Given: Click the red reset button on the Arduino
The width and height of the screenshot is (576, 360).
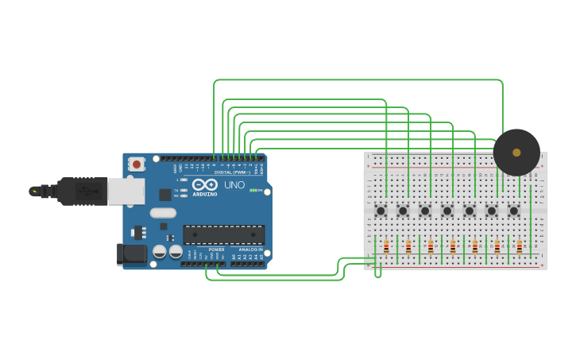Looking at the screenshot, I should click(137, 165).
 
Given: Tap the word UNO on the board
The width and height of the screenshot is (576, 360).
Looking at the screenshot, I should click(234, 185).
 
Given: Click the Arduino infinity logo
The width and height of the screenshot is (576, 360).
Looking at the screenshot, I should click(204, 184).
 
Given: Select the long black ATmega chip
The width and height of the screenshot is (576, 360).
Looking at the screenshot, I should click(223, 234).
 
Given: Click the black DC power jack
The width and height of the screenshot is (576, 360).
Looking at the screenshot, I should click(130, 254).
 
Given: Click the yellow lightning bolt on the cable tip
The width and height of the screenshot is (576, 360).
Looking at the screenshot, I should click(34, 192).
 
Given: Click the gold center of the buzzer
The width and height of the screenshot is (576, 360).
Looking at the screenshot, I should click(516, 153).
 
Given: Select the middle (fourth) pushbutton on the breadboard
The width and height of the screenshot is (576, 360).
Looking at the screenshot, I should click(447, 211).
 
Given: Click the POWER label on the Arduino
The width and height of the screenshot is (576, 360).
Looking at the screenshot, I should click(216, 250).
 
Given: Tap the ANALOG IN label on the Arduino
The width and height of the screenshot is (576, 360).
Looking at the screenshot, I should click(250, 250).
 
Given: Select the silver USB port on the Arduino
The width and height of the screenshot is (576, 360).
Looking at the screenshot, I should click(126, 192).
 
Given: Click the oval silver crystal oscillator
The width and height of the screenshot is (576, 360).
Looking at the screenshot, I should click(163, 213).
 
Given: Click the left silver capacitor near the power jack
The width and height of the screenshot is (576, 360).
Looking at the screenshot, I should click(160, 252).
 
